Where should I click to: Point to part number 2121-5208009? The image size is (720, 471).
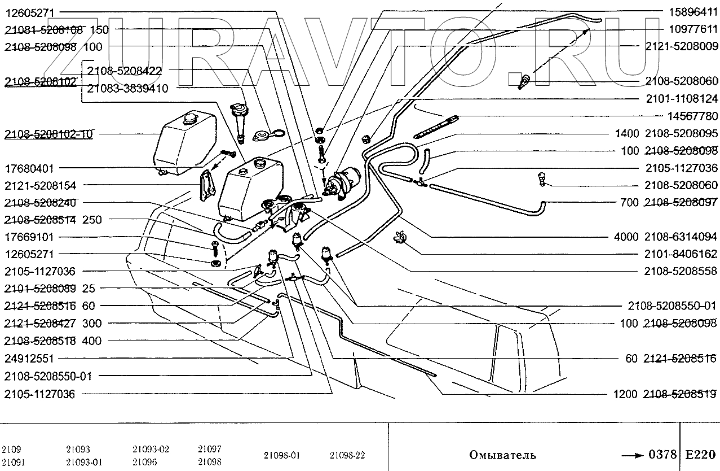pyautogui.click(x=682, y=46)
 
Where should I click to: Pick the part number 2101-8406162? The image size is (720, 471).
pyautogui.click(x=682, y=254)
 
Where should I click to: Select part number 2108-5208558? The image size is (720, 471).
pyautogui.click(x=682, y=271)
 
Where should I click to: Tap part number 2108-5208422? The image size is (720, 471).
pyautogui.click(x=124, y=71)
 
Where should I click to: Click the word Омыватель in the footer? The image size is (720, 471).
pyautogui.click(x=502, y=455)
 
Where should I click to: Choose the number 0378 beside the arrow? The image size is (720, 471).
pyautogui.click(x=662, y=455)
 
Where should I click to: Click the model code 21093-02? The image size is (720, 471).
pyautogui.click(x=151, y=450)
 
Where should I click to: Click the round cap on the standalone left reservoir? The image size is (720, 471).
pyautogui.click(x=188, y=119)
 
